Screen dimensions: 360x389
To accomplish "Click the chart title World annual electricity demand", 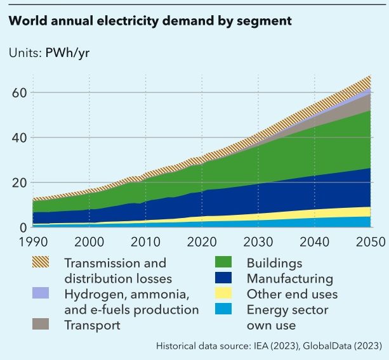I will [x=150, y=21].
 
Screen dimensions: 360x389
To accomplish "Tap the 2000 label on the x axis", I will [x=89, y=242].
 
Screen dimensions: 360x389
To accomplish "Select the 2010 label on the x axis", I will [x=147, y=242].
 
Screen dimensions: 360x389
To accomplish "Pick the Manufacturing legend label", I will [x=289, y=278].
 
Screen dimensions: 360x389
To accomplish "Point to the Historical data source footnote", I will [x=268, y=345].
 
